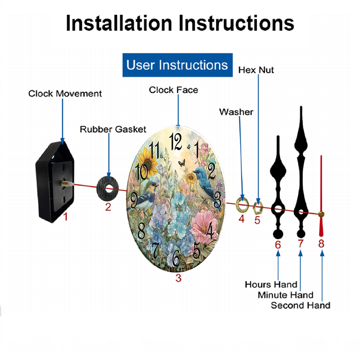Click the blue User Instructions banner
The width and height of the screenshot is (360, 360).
tap(177, 65)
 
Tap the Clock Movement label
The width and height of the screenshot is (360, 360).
tap(65, 94)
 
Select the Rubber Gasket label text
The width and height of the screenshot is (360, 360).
tap(113, 130)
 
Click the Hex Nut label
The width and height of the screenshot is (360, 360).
tap(256, 70)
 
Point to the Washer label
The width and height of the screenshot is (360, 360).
tap(236, 112)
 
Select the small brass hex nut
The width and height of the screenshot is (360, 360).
tap(258, 208)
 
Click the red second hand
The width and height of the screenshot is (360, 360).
tap(321, 195)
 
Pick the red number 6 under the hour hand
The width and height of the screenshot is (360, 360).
tap(278, 245)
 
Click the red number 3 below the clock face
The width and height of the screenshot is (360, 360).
tap(179, 278)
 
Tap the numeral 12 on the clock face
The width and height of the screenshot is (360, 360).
tap(176, 141)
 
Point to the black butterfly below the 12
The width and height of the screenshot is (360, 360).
tap(181, 163)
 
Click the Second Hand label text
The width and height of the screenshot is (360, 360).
tap(301, 306)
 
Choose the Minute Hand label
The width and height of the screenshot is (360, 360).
tap(285, 295)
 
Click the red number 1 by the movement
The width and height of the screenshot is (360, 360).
tap(66, 217)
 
